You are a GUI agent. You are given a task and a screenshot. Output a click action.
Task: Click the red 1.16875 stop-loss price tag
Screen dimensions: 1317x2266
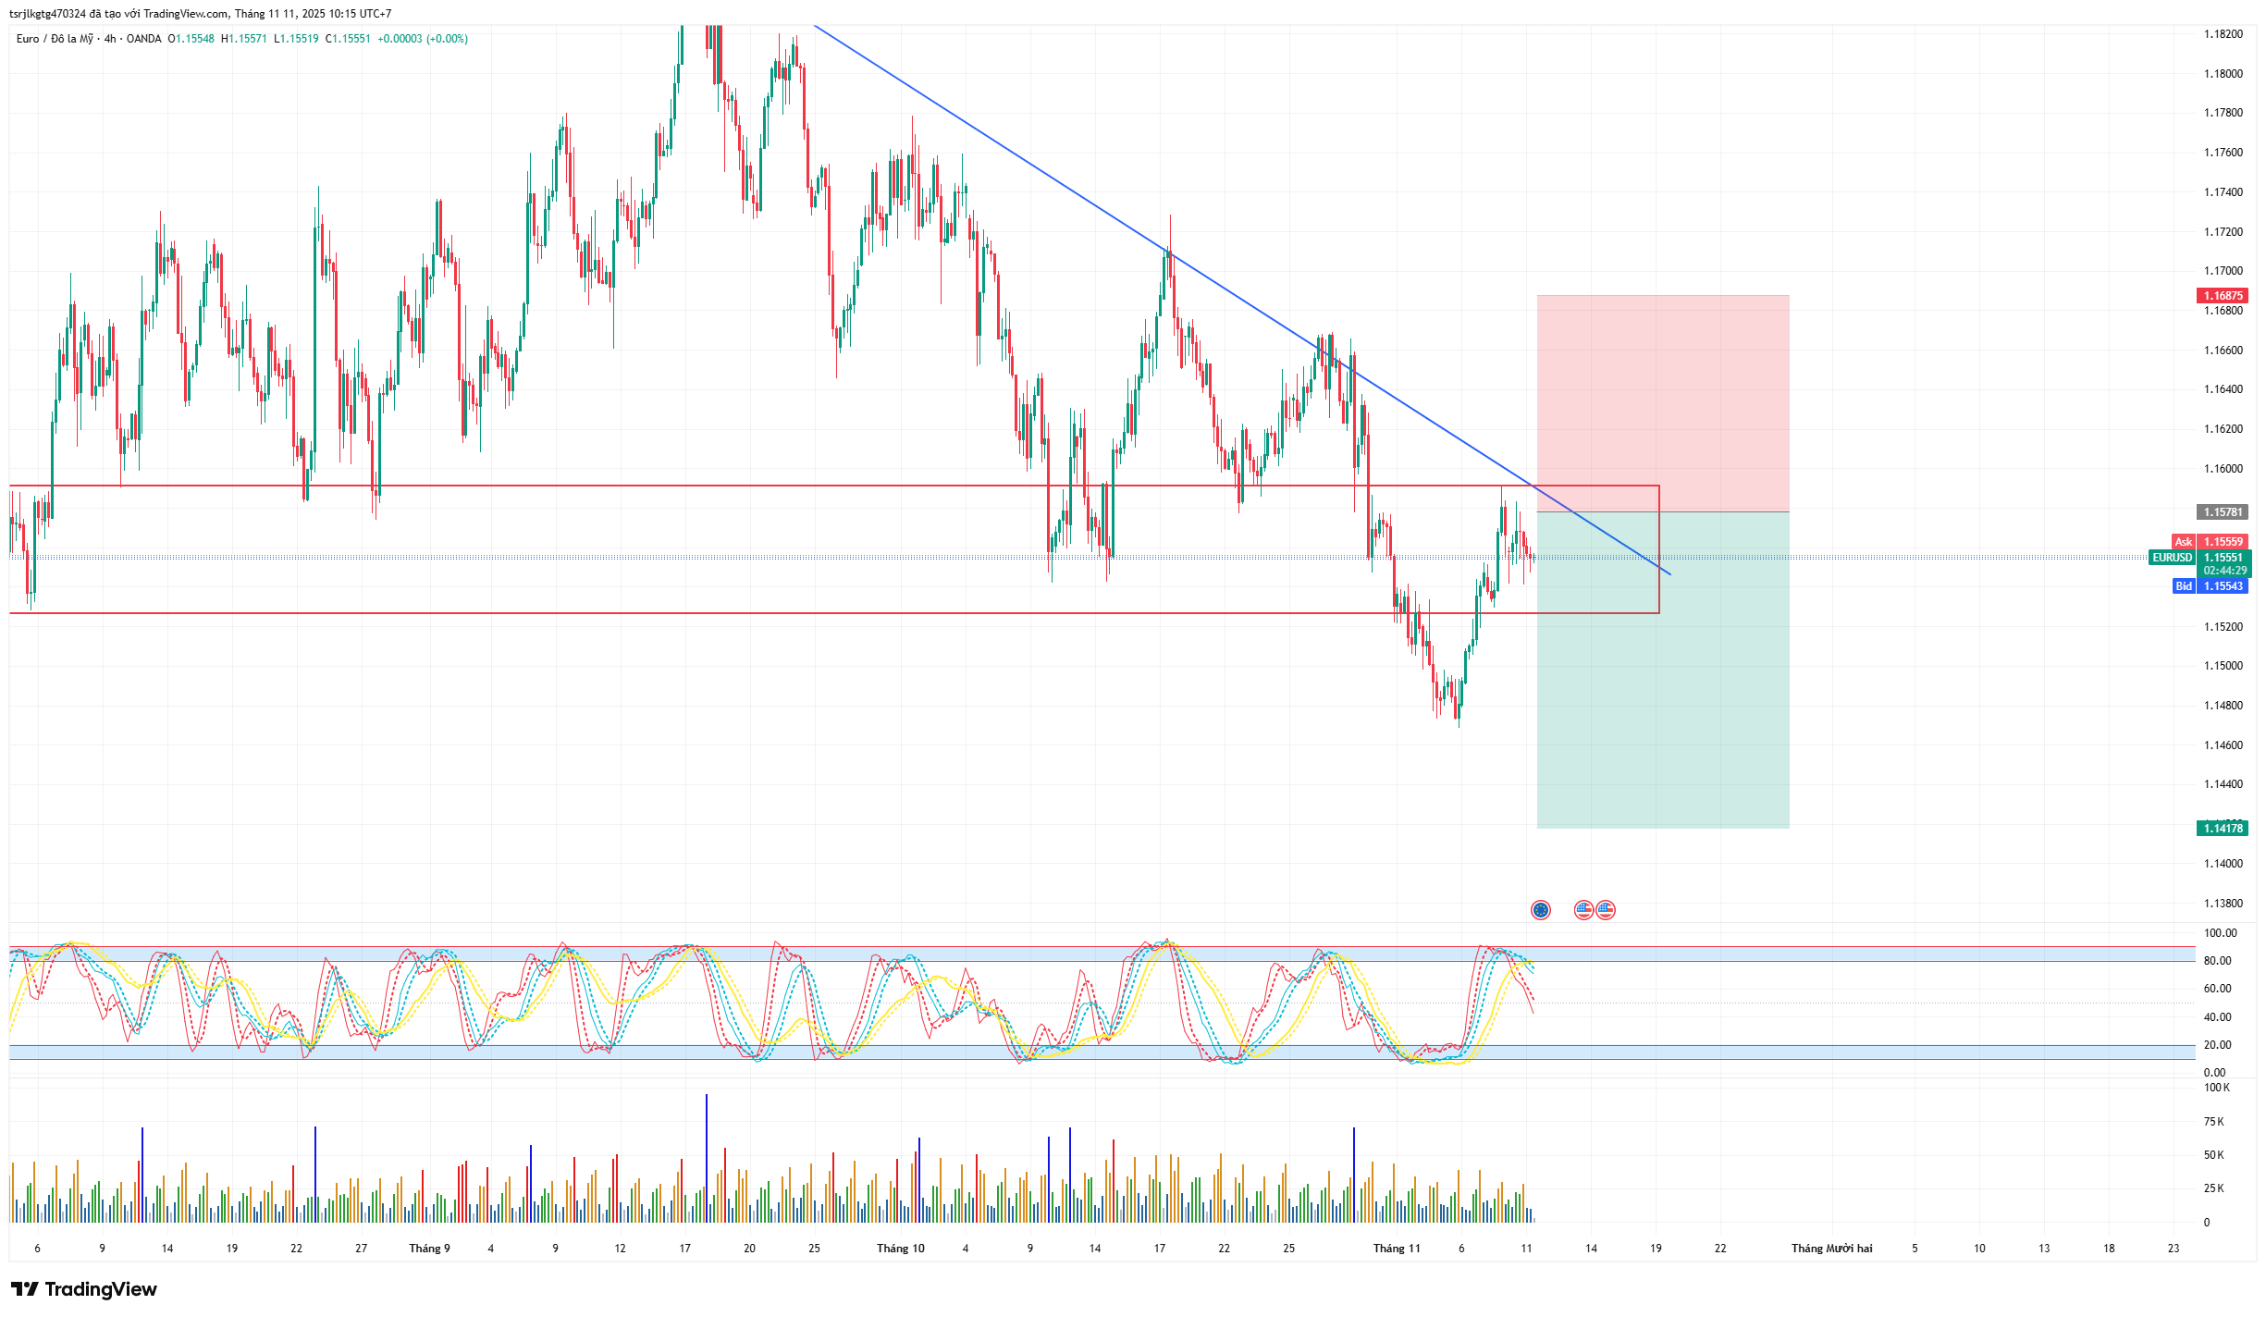point(2222,296)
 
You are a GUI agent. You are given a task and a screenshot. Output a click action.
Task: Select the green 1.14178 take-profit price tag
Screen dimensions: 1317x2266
point(2222,829)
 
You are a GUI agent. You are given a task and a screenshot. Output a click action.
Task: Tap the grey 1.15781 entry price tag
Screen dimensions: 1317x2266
point(2222,512)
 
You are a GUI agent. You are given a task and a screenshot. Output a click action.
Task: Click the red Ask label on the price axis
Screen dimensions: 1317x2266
point(2183,542)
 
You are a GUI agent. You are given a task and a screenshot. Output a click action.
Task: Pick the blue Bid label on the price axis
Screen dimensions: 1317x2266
point(2183,586)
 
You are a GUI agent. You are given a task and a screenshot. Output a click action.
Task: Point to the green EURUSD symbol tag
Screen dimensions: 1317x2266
point(2172,558)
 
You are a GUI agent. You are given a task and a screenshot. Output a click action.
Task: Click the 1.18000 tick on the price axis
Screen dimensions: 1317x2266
point(2223,74)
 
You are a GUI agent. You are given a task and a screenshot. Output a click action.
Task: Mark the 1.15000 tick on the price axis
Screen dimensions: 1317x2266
point(2223,666)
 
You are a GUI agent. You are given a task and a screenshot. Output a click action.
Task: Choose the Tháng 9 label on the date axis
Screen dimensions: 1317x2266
point(429,1249)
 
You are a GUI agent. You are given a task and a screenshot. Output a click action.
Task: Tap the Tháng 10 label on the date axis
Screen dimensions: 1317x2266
point(900,1249)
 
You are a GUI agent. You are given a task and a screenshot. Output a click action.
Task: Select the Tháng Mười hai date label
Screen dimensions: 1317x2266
point(1831,1249)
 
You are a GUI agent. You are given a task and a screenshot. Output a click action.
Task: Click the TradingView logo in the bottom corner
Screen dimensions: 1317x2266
point(84,1289)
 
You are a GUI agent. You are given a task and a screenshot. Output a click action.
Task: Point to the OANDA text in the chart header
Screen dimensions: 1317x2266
point(143,39)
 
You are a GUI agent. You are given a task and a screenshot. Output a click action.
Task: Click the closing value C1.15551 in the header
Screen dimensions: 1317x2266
point(348,39)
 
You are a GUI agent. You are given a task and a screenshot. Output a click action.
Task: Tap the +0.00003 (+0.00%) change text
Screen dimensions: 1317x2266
point(423,39)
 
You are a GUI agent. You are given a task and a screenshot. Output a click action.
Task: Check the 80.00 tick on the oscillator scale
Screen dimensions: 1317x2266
point(2217,961)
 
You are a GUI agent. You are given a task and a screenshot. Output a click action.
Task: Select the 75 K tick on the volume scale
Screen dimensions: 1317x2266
point(2213,1122)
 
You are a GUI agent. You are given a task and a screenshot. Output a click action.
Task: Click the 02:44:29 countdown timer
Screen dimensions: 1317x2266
point(2224,571)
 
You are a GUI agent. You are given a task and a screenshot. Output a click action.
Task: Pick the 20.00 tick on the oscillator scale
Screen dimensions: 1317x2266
point(2217,1045)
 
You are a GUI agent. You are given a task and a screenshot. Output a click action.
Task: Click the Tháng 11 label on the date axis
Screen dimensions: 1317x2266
point(1396,1249)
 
